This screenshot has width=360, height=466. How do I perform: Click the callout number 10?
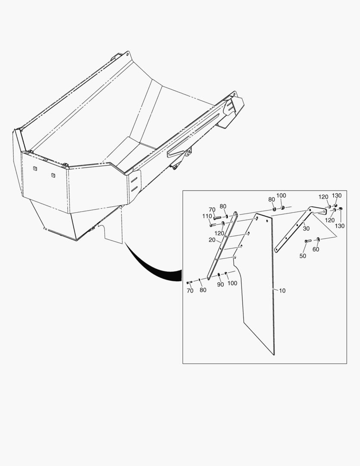(282, 291)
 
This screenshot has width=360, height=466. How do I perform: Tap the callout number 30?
(306, 229)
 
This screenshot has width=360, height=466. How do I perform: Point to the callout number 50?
(303, 256)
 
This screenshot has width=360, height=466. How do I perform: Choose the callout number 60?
(316, 249)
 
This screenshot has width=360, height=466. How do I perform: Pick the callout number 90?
(220, 284)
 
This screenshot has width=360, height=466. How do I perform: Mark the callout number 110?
(207, 216)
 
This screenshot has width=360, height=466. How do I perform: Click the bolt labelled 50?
(308, 240)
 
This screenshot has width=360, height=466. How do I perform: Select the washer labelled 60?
(318, 239)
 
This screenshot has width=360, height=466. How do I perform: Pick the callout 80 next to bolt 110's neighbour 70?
(223, 206)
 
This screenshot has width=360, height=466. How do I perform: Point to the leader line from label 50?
(305, 248)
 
